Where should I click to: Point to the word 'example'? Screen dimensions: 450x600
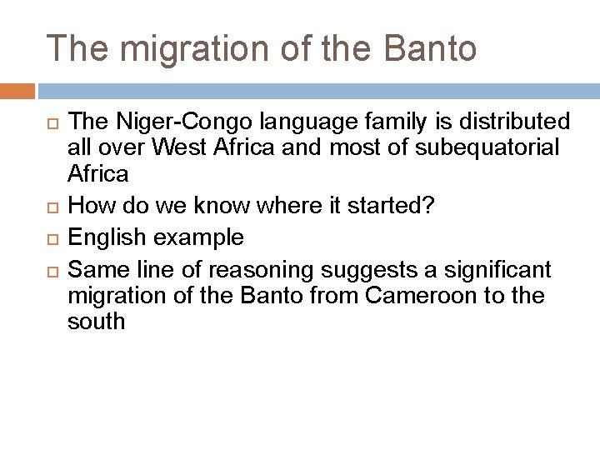(199, 238)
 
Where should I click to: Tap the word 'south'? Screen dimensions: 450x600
(96, 321)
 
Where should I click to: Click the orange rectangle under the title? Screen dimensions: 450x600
(17, 91)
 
